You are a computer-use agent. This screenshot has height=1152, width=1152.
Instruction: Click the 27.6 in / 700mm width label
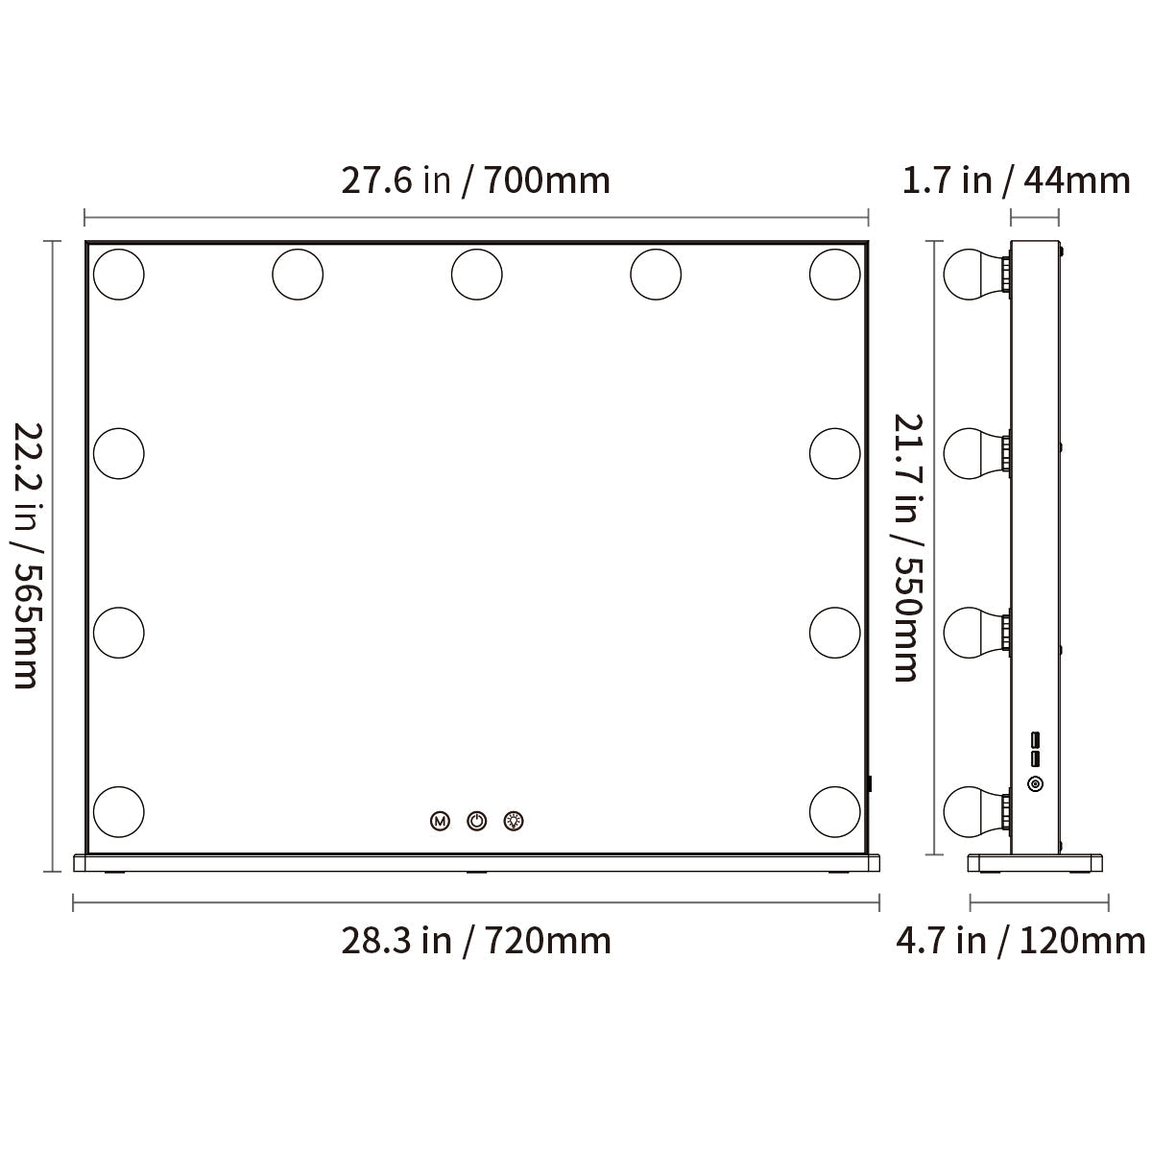point(475,180)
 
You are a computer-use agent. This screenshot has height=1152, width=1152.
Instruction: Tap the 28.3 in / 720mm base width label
point(476,941)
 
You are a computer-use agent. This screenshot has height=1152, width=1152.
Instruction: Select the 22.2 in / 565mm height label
point(28,556)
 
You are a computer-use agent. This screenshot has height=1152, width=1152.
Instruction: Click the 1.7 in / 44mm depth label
point(1016,180)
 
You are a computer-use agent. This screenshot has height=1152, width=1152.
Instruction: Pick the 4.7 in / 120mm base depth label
point(1020,941)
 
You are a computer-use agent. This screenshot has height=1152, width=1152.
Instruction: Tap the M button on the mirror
point(440,821)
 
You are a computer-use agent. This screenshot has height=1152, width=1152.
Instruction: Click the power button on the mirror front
point(476,821)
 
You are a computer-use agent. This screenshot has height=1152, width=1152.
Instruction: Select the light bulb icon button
point(514,821)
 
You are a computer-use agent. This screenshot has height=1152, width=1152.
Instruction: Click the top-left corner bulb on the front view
point(118,275)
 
